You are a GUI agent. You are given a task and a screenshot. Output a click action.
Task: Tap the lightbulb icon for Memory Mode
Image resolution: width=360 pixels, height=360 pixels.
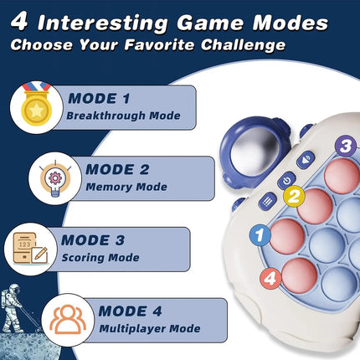(54, 174)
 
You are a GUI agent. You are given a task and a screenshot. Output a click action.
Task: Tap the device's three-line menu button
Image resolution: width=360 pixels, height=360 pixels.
(269, 200)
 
